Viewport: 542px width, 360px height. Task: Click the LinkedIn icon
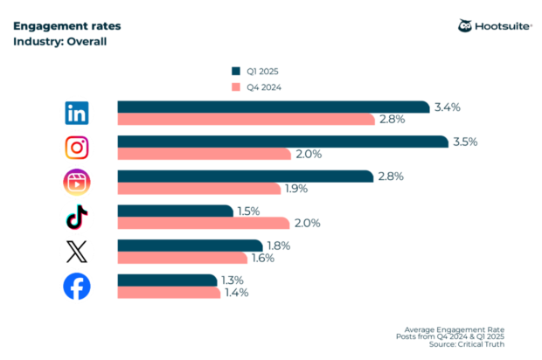[77, 113]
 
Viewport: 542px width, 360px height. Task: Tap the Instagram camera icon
[77, 148]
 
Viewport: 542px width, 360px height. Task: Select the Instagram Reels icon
[77, 182]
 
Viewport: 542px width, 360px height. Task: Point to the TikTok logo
[77, 217]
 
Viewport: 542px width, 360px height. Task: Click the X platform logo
[77, 252]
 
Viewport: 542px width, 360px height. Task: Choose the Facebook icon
[77, 287]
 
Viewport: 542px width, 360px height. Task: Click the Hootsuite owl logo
[465, 26]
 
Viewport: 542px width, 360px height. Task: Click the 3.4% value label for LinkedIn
[448, 107]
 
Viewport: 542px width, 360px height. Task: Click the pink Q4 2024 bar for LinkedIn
[246, 120]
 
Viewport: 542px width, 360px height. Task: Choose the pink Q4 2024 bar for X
[183, 258]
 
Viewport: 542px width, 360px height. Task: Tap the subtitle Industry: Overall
[59, 41]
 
